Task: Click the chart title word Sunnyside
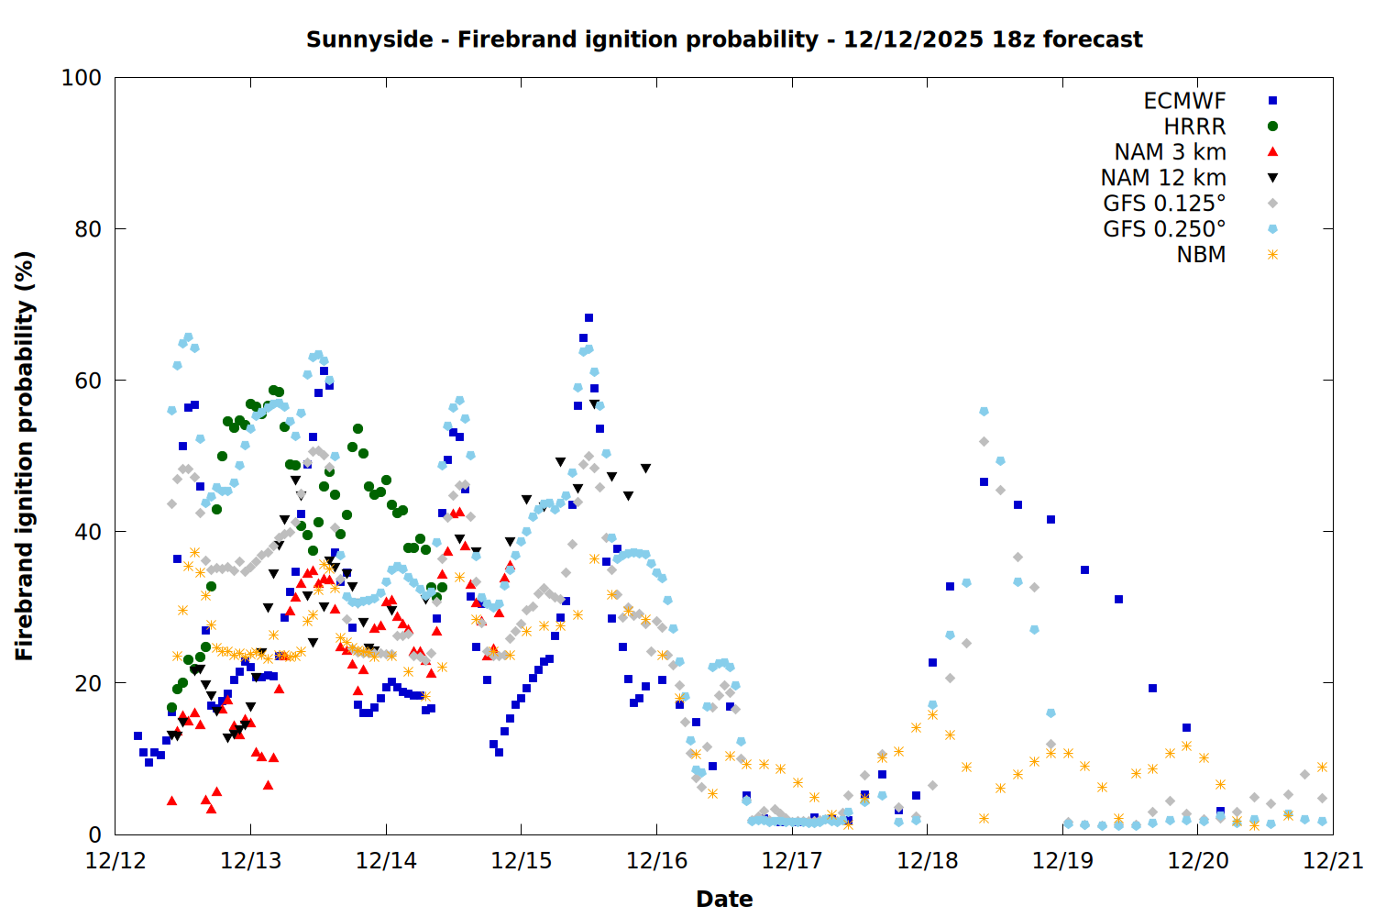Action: (356, 39)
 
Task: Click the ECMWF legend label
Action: (1184, 101)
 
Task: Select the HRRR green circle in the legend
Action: (1272, 127)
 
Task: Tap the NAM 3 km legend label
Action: (1170, 152)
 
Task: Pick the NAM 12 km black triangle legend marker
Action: (1272, 178)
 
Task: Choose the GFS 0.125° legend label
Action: (1164, 204)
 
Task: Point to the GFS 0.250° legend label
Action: (1164, 229)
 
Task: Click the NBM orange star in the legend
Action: (1272, 255)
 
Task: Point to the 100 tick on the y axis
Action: (82, 78)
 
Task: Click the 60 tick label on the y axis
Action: (88, 381)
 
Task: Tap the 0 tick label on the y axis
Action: (94, 834)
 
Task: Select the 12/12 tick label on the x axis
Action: (115, 861)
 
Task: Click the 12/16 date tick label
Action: (657, 861)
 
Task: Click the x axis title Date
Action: (724, 899)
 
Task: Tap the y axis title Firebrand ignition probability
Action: (25, 456)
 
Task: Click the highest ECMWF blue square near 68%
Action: (588, 318)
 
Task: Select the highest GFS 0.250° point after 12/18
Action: (984, 412)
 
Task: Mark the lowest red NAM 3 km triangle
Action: (211, 809)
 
